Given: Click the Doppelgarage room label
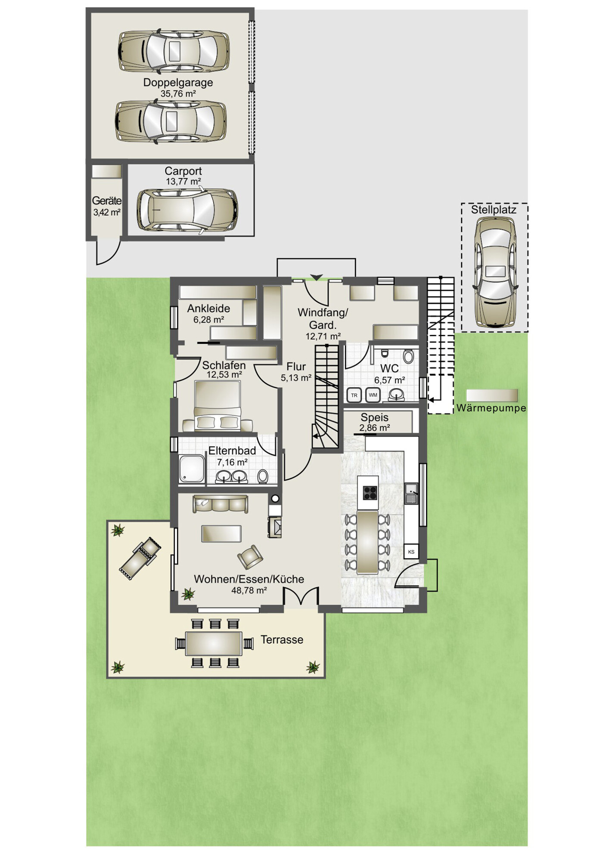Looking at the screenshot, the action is click(178, 83).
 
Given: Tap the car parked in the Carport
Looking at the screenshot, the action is click(187, 210).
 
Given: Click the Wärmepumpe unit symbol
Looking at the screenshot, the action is click(492, 395).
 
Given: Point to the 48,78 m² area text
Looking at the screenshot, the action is click(249, 590).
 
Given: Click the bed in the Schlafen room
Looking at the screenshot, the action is click(218, 405).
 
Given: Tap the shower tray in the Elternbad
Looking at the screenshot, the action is click(192, 468).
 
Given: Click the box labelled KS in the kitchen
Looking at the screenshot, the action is click(411, 552).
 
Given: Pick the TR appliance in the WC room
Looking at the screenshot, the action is click(354, 395).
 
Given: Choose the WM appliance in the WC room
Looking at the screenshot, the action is click(373, 395).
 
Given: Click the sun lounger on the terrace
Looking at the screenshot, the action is click(140, 558).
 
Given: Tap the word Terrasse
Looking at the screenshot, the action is click(282, 640).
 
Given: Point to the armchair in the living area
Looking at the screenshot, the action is click(250, 557).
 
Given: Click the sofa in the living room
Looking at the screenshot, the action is click(220, 503).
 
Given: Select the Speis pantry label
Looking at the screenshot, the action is click(374, 417).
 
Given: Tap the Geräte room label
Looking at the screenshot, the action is click(107, 201).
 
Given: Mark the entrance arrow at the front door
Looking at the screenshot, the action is click(317, 278).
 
